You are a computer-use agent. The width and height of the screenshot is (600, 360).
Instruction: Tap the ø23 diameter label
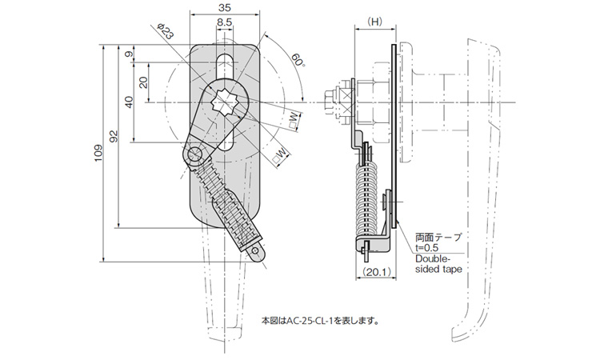(x=165, y=33)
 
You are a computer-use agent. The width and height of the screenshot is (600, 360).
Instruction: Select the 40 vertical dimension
(x=128, y=102)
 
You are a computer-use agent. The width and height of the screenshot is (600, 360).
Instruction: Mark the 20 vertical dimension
(x=142, y=82)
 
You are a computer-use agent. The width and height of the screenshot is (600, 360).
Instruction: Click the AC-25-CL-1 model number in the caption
(x=306, y=321)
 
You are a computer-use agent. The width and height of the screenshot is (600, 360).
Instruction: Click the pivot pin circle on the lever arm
(x=194, y=154)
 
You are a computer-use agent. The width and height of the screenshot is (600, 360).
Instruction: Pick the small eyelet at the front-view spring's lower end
(x=255, y=252)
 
